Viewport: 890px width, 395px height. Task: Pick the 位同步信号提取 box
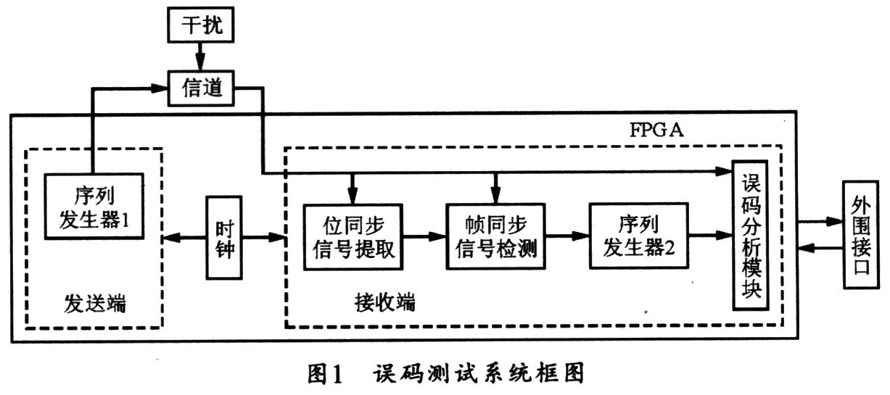pyautogui.click(x=353, y=236)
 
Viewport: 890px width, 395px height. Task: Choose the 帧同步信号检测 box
pyautogui.click(x=497, y=236)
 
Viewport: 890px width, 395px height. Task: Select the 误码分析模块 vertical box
pyautogui.click(x=750, y=235)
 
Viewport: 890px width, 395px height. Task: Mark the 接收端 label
pyautogui.click(x=385, y=302)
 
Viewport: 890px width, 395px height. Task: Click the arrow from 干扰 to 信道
pyautogui.click(x=199, y=57)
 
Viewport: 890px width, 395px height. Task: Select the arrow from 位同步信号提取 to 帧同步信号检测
pyautogui.click(x=424, y=236)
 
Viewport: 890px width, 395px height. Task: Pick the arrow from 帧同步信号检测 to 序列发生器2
pyautogui.click(x=568, y=236)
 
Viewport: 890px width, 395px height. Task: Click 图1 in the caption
pyautogui.click(x=321, y=375)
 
